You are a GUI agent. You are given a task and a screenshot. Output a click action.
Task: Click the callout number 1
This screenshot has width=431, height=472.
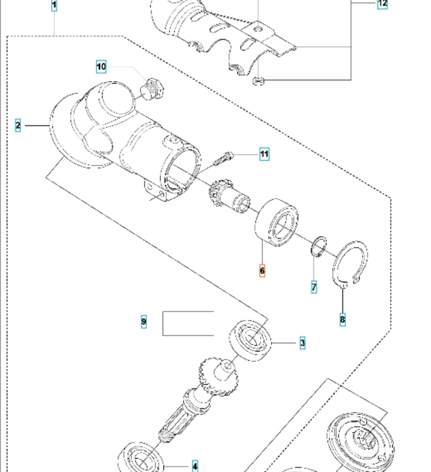(x=54, y=6)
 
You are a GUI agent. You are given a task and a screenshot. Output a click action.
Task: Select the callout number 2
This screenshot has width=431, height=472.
(x=17, y=125)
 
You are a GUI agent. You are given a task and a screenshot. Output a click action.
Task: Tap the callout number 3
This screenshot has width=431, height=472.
(x=303, y=343)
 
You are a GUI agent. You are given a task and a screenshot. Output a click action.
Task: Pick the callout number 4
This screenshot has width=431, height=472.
(x=195, y=466)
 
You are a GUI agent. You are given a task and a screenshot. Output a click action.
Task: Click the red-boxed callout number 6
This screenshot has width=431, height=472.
(x=262, y=270)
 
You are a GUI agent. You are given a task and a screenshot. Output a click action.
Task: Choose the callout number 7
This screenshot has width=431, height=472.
(x=314, y=287)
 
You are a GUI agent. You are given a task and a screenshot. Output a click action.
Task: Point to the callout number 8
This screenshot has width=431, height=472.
(x=342, y=319)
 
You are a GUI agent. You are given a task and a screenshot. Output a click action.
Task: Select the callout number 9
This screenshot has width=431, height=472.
(x=143, y=321)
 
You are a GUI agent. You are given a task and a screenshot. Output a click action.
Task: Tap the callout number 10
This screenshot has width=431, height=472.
(x=101, y=66)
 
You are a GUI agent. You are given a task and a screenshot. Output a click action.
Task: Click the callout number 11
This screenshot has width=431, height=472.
(x=264, y=154)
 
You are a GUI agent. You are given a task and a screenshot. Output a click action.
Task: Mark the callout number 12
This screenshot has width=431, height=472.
(x=382, y=4)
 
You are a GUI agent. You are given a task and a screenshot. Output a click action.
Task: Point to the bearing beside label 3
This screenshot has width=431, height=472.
(x=251, y=341)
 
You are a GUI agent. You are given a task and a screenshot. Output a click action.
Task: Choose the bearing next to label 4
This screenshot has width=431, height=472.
(x=142, y=460)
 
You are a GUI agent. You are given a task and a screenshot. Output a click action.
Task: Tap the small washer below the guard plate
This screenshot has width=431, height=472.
(x=257, y=80)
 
